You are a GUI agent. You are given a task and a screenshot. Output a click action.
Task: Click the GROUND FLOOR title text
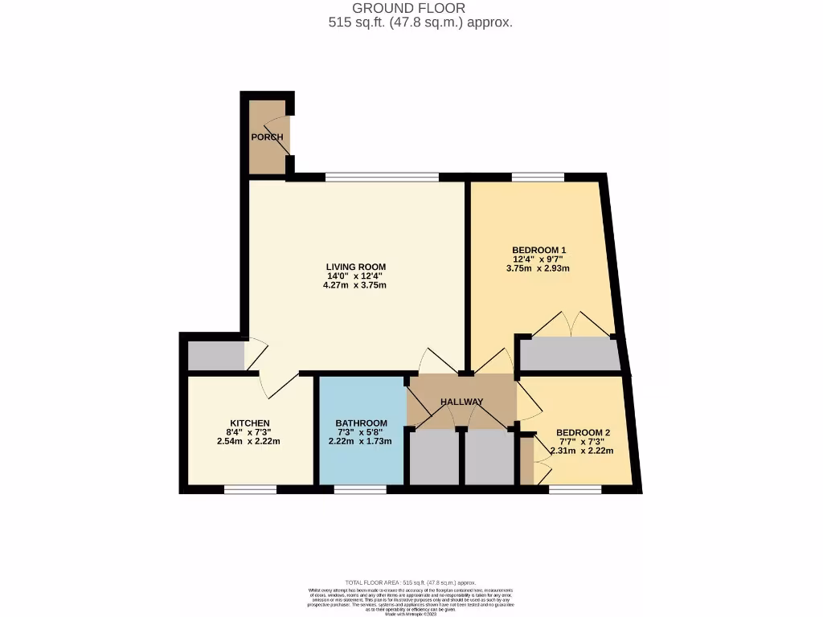point(420,9)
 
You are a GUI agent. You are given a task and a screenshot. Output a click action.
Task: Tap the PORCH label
point(267,137)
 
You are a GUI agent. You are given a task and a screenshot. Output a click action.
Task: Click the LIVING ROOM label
point(355,267)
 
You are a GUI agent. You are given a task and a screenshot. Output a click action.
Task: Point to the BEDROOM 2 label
point(583,433)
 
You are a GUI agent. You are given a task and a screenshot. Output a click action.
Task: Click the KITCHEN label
point(249,423)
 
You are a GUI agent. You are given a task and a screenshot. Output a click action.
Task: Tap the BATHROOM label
point(361,423)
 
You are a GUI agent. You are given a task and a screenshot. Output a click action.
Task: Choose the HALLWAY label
point(461,402)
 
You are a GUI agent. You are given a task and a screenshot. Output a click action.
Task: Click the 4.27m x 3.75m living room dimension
point(355,286)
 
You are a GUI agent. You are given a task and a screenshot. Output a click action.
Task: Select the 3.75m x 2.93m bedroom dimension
point(538,269)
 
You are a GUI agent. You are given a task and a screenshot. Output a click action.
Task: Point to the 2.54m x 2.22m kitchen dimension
point(249,442)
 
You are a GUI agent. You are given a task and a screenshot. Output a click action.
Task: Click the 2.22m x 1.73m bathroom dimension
point(361,442)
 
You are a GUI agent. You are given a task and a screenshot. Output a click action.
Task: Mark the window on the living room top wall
point(382,177)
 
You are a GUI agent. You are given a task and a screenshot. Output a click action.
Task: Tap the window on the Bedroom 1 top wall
point(538,177)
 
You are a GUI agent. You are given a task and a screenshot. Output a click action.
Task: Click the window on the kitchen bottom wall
point(250,488)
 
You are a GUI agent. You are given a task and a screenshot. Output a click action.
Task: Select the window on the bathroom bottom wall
point(359,488)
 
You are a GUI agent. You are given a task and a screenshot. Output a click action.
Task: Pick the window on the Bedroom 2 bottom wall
point(575,488)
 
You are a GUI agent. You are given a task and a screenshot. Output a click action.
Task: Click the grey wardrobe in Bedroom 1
point(569,353)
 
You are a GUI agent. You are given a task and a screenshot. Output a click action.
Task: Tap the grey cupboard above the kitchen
point(216,356)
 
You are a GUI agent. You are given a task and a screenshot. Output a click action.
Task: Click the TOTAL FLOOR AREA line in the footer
point(411,582)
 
